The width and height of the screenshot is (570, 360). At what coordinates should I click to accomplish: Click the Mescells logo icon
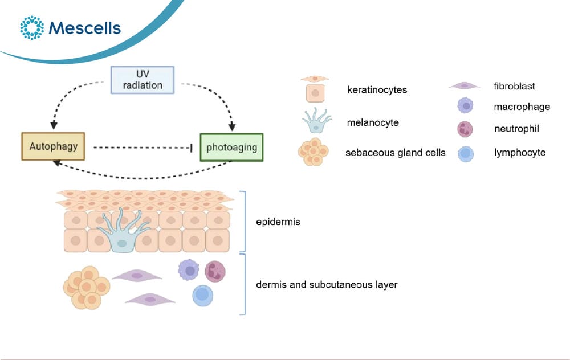32,27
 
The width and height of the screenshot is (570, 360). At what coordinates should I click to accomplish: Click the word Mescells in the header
85,28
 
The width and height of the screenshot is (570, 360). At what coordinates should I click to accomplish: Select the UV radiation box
142,80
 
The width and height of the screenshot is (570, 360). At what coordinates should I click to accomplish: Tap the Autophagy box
53,146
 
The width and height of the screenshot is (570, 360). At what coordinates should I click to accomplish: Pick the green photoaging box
231,148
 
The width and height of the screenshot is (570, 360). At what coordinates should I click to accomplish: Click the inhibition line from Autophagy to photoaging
143,148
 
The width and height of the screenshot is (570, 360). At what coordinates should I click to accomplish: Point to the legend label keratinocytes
377,90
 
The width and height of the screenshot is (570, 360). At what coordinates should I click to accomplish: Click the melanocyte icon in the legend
316,121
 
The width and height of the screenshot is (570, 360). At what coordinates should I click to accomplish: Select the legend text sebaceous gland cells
395,153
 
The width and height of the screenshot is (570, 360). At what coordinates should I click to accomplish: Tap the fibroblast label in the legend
514,86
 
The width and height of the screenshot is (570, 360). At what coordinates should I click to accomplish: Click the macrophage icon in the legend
465,106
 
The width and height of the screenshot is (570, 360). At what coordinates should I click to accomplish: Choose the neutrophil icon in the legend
465,129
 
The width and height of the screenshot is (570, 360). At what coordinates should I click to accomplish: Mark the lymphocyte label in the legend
520,153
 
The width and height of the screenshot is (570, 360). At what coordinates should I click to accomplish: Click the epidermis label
278,222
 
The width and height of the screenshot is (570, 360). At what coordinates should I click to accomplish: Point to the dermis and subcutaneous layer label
327,284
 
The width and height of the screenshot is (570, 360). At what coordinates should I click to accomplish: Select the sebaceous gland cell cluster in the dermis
87,288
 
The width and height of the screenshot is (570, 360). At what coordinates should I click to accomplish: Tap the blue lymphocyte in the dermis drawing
202,295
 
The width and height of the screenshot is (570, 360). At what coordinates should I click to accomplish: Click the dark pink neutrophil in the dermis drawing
215,271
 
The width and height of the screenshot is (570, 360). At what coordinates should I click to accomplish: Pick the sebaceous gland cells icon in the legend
313,152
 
